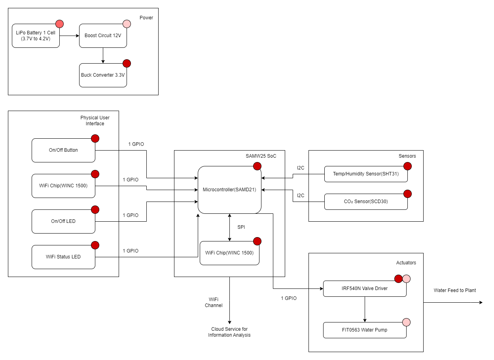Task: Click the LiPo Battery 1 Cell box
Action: tap(36, 36)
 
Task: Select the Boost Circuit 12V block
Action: tap(103, 36)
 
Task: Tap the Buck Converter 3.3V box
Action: tap(103, 75)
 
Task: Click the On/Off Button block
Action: tap(63, 150)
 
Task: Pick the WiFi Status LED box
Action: tap(63, 257)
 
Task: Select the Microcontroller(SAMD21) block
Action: tap(229, 190)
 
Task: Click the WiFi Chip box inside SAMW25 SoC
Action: tap(229, 253)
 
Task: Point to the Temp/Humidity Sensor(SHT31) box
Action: tap(365, 174)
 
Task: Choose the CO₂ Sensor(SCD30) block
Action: tap(365, 202)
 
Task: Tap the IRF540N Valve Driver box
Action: tap(364, 288)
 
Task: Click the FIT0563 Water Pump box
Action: tap(364, 330)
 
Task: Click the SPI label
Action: tap(241, 227)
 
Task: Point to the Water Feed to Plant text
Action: tap(454, 290)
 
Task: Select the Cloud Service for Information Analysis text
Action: tap(229, 332)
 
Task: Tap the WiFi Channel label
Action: tap(214, 302)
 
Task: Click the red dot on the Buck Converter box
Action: tap(127, 63)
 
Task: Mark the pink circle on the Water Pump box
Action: tap(406, 322)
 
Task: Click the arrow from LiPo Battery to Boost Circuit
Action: tap(69, 36)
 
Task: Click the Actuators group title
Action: tap(406, 263)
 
